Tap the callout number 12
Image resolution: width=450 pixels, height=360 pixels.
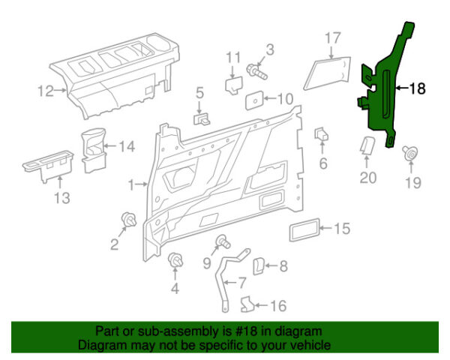pyautogui.click(x=46, y=91)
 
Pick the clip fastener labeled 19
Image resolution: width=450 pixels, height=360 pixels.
pyautogui.click(x=411, y=154)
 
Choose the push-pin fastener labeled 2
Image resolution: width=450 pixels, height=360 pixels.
pyautogui.click(x=126, y=220)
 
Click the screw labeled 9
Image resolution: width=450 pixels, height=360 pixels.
pyautogui.click(x=223, y=241)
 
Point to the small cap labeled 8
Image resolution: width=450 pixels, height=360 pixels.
pyautogui.click(x=257, y=266)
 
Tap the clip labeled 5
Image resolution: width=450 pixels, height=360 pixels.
pyautogui.click(x=202, y=118)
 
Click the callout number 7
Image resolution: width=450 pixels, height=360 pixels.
pyautogui.click(x=242, y=283)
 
